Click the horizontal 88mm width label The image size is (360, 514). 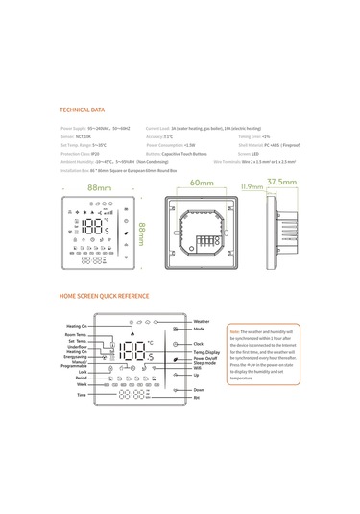click(96, 188)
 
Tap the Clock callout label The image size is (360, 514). click(198, 343)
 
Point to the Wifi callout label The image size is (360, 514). click(197, 367)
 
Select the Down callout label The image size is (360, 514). click(198, 389)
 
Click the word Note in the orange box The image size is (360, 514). click(234, 331)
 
